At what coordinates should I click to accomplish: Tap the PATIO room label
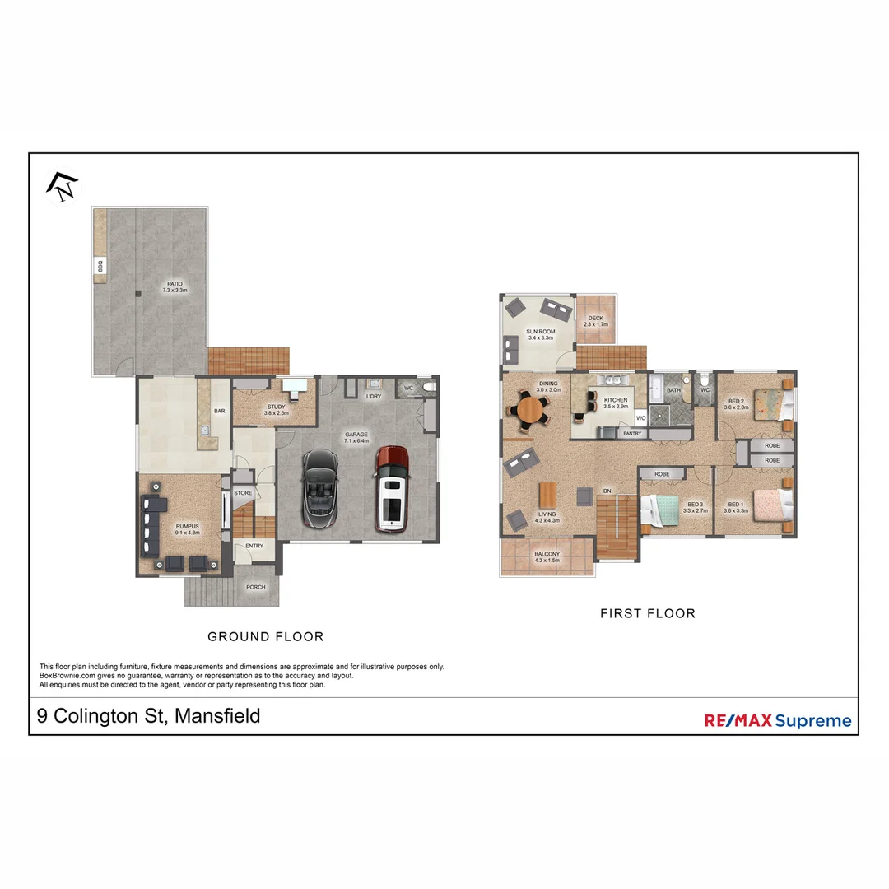click(x=175, y=286)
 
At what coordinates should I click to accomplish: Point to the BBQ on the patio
click(x=100, y=266)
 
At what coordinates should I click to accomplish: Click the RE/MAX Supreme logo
click(x=777, y=721)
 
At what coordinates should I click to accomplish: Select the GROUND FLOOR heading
click(x=265, y=636)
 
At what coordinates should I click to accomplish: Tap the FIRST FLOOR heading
click(x=647, y=613)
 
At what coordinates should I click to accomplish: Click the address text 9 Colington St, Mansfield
click(x=149, y=716)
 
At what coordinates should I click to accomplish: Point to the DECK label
click(x=595, y=321)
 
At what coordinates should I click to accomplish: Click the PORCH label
click(x=255, y=587)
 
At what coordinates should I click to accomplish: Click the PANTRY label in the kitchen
click(x=632, y=433)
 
